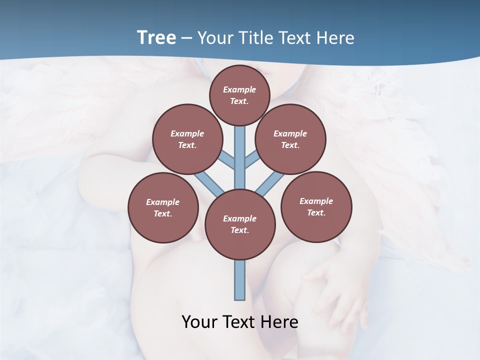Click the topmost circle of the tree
click(x=239, y=95)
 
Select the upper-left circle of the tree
click(x=187, y=139)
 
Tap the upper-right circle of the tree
click(x=290, y=139)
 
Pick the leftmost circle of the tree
click(x=162, y=207)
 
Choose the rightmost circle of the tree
click(x=316, y=206)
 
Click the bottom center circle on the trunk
click(x=239, y=224)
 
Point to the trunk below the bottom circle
click(x=240, y=280)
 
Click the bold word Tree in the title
click(x=156, y=38)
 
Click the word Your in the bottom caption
click(x=200, y=322)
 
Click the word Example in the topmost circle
click(x=239, y=89)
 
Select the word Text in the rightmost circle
click(x=316, y=212)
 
